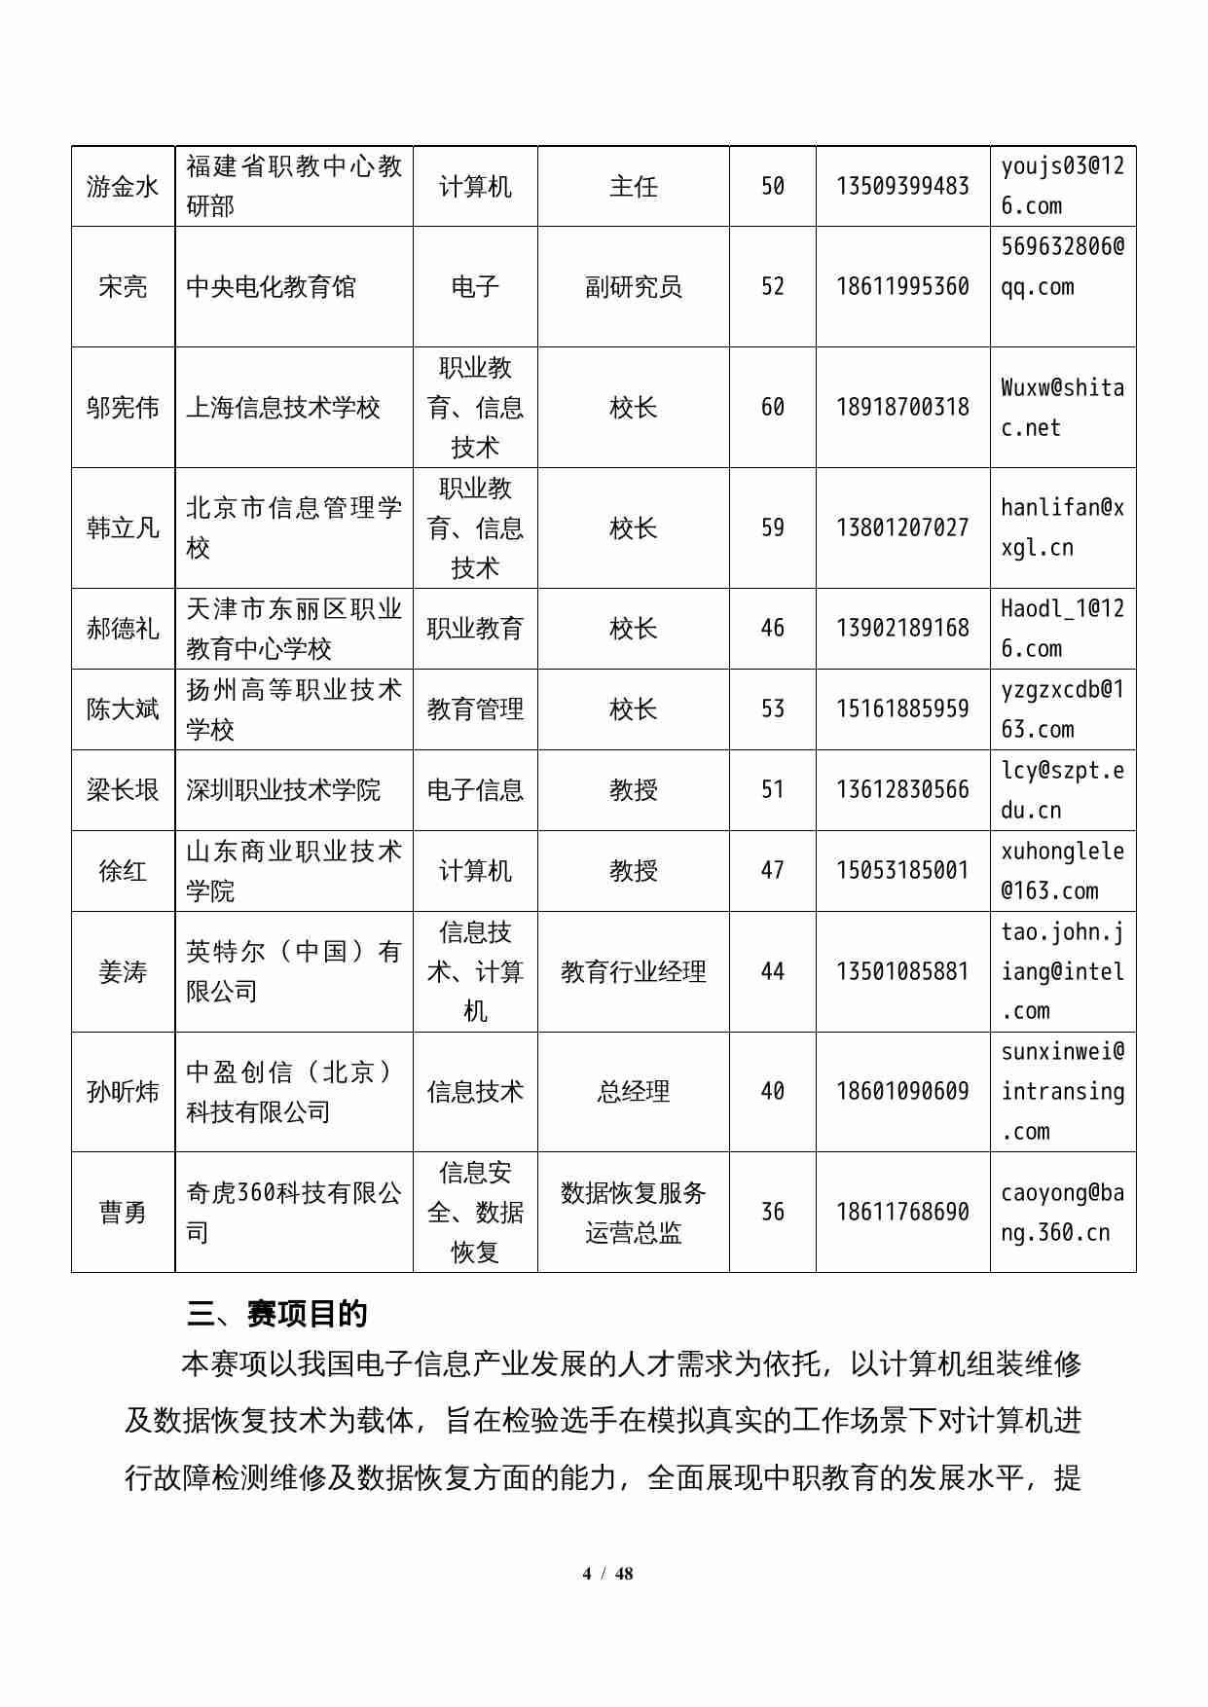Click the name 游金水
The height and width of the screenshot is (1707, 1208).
tap(123, 186)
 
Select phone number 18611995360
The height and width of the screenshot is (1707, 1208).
tap(902, 286)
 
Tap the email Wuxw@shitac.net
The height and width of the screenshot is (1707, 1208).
tap(1062, 407)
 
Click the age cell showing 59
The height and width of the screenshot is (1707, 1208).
tap(772, 527)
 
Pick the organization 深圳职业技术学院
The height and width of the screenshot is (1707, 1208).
tap(283, 789)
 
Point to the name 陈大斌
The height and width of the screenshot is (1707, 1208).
tap(123, 708)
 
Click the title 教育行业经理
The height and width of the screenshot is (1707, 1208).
tap(633, 971)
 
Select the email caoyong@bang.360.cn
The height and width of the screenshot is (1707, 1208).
tap(1062, 1212)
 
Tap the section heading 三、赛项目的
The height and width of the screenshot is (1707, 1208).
tap(277, 1314)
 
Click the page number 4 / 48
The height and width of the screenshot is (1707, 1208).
tap(607, 1574)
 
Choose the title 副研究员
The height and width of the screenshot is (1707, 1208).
tap(633, 286)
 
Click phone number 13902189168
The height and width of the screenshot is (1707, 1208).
tap(902, 628)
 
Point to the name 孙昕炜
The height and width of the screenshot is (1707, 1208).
tap(123, 1091)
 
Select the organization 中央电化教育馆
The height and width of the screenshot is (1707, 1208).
tap(272, 286)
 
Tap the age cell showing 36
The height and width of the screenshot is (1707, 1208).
tap(772, 1212)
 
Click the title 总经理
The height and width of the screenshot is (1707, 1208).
tap(633, 1091)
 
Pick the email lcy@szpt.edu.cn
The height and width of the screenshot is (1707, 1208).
tap(1062, 789)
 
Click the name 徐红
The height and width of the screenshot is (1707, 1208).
tap(123, 870)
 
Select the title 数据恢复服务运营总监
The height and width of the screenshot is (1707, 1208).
tap(633, 1212)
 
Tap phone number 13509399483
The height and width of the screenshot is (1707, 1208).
tap(902, 186)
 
